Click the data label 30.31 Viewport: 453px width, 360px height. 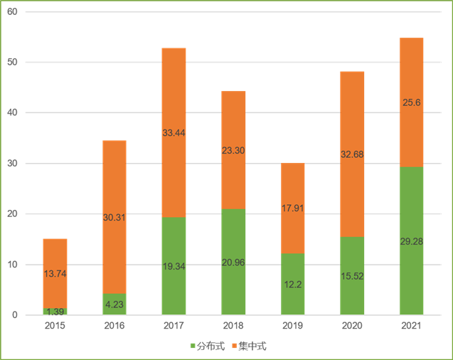[114, 218]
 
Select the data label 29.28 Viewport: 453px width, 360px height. [411, 241]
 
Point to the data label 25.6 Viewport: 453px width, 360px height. [411, 102]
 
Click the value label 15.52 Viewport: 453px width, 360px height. [352, 275]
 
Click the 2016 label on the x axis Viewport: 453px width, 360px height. [114, 326]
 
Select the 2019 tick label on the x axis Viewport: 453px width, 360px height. [292, 326]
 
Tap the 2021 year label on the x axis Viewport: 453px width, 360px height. [411, 326]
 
